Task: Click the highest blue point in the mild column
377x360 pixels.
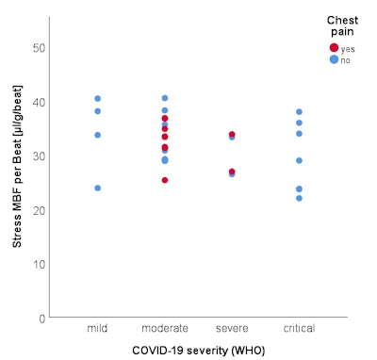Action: [97, 99]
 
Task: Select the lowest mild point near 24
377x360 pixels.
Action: [97, 188]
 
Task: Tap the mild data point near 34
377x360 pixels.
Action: [97, 135]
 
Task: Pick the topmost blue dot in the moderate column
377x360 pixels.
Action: [165, 98]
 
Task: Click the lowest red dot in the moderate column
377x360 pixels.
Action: [165, 180]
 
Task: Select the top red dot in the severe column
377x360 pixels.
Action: [232, 135]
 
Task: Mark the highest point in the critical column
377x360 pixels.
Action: [299, 112]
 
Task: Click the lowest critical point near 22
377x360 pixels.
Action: [299, 198]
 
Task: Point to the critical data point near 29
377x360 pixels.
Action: [299, 160]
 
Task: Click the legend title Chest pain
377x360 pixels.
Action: [341, 25]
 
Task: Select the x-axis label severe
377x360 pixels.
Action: [232, 329]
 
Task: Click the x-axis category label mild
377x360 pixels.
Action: [97, 329]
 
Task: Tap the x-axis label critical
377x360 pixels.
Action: [299, 329]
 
